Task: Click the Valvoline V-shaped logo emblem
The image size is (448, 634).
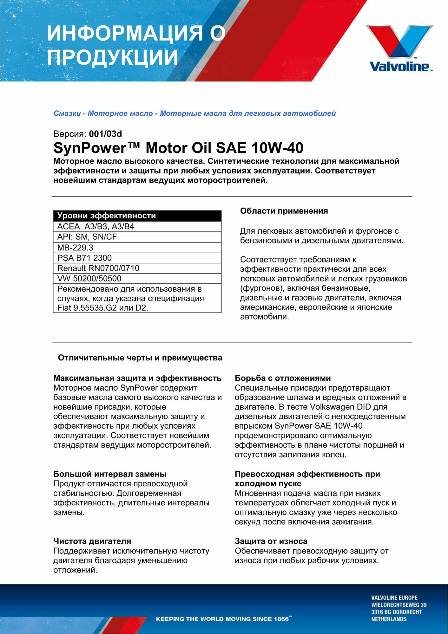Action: (399, 41)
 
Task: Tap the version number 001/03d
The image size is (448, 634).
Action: (105, 134)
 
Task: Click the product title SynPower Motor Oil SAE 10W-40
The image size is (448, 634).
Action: (178, 148)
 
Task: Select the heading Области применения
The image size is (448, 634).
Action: (284, 211)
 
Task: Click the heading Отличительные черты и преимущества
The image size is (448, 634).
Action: (140, 358)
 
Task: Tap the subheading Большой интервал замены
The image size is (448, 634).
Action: (110, 474)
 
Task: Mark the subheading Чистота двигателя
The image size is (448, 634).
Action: (92, 541)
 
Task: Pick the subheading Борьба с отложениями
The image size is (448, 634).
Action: (283, 378)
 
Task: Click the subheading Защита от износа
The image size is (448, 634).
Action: (271, 541)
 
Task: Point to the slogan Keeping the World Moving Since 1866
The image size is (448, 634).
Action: (224, 619)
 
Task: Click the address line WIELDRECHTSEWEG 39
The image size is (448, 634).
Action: (399, 605)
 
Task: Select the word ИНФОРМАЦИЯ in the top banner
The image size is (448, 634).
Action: (125, 33)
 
